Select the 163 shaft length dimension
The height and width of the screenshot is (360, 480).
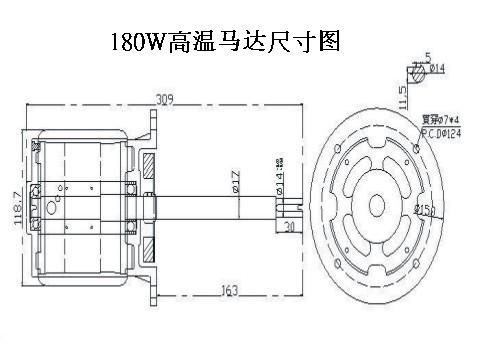coord(228,291)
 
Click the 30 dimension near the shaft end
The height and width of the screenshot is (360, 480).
coord(289,228)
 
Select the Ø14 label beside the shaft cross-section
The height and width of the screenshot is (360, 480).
coord(437,68)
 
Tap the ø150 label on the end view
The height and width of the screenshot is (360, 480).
coord(423,210)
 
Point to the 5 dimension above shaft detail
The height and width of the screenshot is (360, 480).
coord(427,56)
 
